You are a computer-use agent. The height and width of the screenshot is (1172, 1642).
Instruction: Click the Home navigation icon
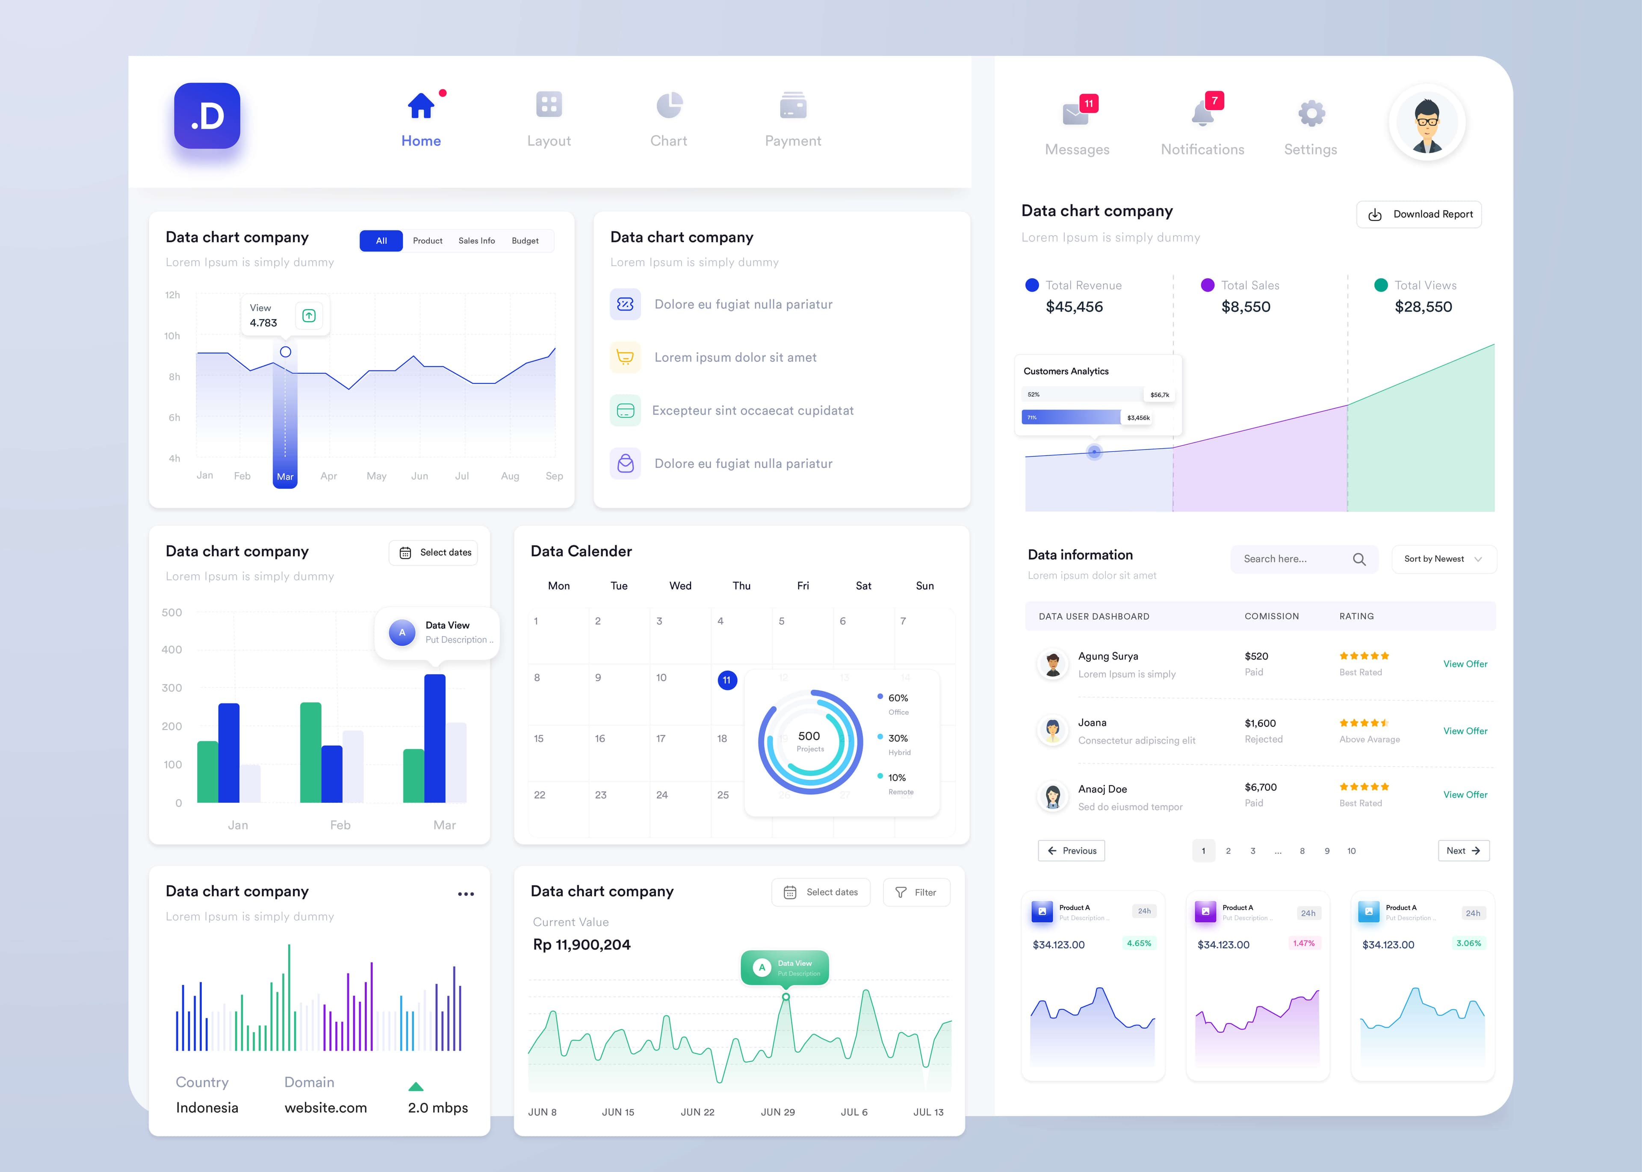click(421, 106)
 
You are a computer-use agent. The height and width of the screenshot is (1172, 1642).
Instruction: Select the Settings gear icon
click(1311, 113)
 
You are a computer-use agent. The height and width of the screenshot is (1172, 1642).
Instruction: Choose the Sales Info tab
click(477, 241)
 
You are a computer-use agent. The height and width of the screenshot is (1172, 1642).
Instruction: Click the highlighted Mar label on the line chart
click(285, 476)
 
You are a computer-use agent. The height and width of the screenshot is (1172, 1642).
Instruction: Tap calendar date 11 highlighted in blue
click(727, 680)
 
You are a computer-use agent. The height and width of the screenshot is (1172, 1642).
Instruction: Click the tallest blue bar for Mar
click(435, 737)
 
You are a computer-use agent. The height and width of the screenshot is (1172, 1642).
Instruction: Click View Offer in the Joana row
click(1465, 731)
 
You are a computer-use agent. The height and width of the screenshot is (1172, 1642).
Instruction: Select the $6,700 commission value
click(1261, 787)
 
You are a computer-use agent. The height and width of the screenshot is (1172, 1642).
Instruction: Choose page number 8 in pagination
click(1302, 851)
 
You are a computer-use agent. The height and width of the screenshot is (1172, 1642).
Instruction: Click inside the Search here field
click(1293, 559)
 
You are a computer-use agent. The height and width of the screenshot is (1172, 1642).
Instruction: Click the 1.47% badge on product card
click(1304, 943)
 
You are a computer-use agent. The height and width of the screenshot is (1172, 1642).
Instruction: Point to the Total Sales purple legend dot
click(1207, 285)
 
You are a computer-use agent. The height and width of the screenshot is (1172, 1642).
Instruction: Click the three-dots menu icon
click(466, 894)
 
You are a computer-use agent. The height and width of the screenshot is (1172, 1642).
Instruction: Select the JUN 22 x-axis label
click(697, 1112)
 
